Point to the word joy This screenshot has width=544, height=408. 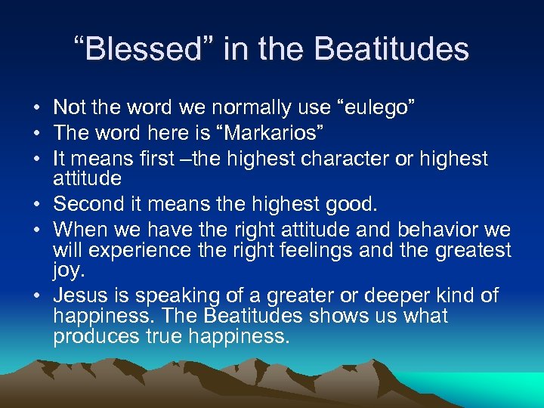pyautogui.click(x=67, y=270)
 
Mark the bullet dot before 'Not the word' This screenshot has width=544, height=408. pyautogui.click(x=39, y=108)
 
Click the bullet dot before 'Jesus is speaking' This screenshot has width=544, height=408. pyautogui.click(x=39, y=296)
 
